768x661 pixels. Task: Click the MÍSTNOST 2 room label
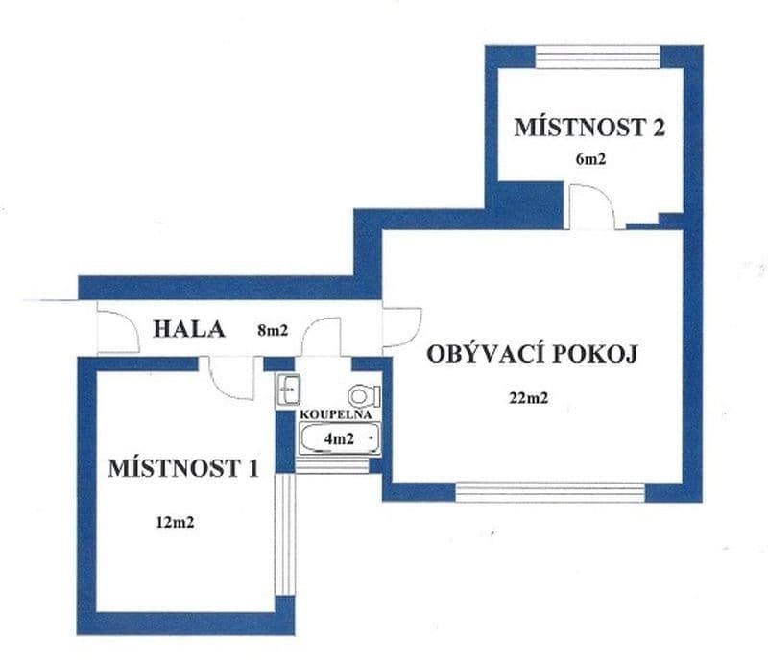[589, 128]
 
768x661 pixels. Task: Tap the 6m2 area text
[590, 159]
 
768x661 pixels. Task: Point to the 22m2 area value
[529, 399]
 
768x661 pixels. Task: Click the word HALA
[189, 330]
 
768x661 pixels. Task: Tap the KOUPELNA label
[333, 413]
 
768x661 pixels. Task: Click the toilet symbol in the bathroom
[364, 394]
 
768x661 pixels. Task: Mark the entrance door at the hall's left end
[118, 331]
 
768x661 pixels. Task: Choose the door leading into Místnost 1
[231, 376]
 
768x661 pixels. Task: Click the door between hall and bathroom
[322, 337]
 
